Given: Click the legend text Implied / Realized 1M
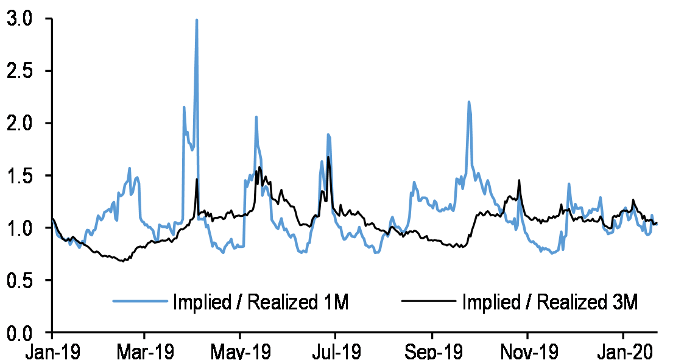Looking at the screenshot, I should coord(260,302).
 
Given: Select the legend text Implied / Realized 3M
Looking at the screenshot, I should coord(549,302).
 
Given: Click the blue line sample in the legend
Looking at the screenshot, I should coord(139,301).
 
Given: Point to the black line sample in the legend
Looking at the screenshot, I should coord(429,301).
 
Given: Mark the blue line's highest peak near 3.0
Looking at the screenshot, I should coord(197,20).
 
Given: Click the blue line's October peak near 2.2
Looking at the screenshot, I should coord(468,102).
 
